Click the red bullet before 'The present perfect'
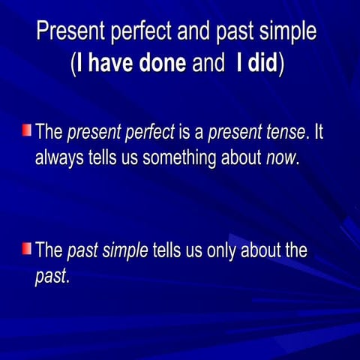(x=27, y=131)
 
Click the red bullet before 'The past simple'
(x=27, y=248)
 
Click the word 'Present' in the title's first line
(x=71, y=31)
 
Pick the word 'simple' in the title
(x=286, y=31)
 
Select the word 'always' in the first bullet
(x=57, y=158)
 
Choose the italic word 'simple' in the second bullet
(x=124, y=250)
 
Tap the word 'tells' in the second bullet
(x=168, y=250)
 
